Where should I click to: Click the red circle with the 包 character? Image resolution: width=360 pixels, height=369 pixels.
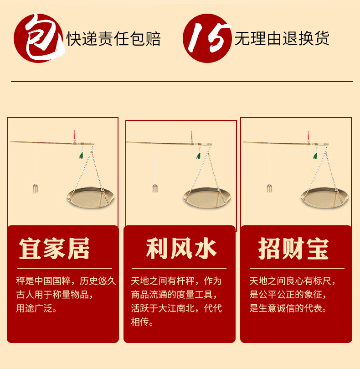click(x=38, y=38)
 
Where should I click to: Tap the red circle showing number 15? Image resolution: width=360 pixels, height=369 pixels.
click(x=207, y=38)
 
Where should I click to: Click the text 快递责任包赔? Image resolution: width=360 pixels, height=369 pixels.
click(x=114, y=39)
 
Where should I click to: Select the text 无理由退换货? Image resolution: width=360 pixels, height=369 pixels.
click(x=282, y=38)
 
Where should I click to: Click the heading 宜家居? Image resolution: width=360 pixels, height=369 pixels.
click(x=54, y=249)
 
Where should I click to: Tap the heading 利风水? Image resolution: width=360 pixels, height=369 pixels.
click(x=181, y=249)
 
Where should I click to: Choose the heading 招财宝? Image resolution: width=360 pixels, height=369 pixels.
click(x=293, y=249)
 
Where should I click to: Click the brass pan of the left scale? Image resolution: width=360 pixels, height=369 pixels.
click(x=91, y=197)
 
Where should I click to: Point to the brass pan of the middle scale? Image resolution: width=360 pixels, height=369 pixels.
click(x=207, y=197)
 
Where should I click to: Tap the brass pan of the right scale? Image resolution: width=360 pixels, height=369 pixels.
click(x=324, y=197)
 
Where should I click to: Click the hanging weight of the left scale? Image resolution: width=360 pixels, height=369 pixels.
click(x=35, y=188)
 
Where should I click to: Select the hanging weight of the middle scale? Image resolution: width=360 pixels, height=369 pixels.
click(x=155, y=188)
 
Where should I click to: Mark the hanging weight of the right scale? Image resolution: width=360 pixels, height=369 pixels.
click(x=269, y=188)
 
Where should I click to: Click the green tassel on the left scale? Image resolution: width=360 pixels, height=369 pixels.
click(x=81, y=156)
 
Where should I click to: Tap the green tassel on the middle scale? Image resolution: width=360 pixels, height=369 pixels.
click(x=199, y=156)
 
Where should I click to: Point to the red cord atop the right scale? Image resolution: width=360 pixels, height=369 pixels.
click(x=308, y=135)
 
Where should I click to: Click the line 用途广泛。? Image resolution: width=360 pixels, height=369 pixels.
click(x=36, y=308)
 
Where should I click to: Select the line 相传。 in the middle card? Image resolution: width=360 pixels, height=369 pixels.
click(x=142, y=322)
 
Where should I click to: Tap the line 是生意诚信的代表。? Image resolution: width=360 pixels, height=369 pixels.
click(x=288, y=308)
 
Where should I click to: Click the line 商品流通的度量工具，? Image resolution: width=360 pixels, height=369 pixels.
click(x=174, y=295)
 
